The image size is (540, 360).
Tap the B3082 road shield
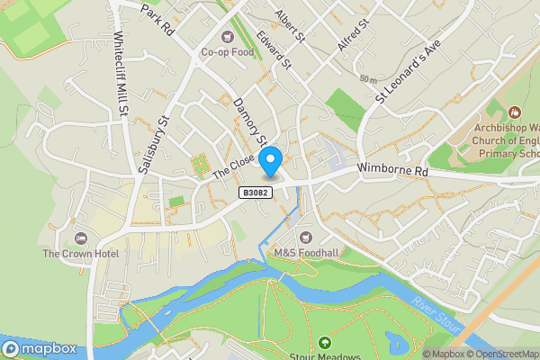pos(256,193)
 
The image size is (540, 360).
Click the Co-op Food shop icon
pos(226,38)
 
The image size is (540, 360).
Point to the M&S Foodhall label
pos(307,253)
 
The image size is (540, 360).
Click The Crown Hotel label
pos(81,254)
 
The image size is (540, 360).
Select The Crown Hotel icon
pos(81,239)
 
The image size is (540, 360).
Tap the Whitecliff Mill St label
pos(118,76)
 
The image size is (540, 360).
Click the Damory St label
pos(249,122)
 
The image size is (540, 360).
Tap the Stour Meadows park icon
pos(324,342)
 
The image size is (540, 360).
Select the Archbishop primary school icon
pos(514,112)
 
